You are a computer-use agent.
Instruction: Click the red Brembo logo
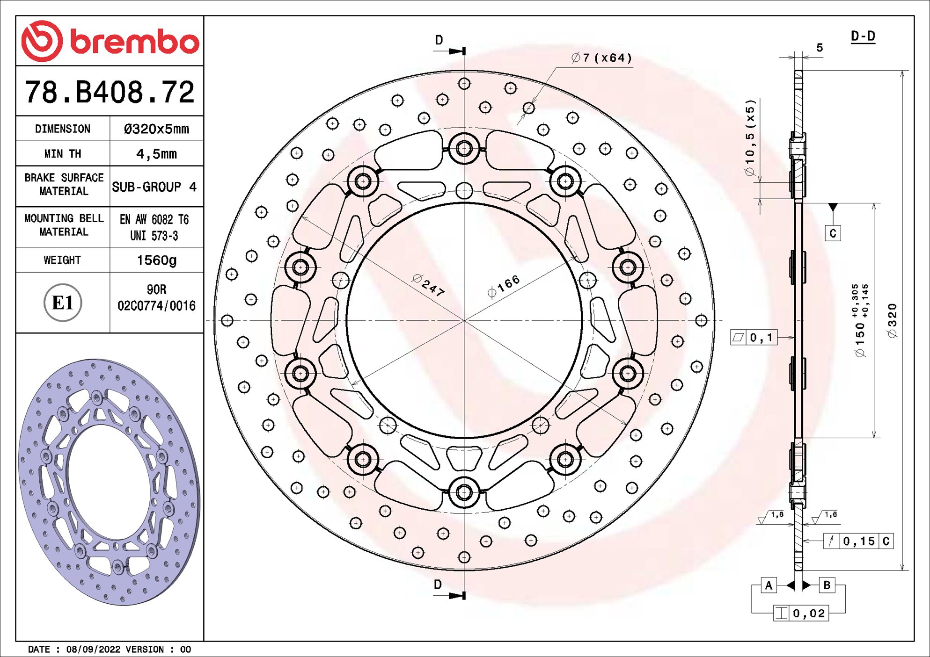110,41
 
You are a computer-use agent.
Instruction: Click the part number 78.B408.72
110,92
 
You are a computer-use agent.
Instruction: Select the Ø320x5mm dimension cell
156,129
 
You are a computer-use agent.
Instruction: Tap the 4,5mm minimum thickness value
156,154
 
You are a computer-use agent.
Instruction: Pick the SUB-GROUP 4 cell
154,187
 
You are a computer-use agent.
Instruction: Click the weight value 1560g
156,260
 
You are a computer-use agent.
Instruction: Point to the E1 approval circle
63,303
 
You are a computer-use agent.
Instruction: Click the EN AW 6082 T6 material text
154,220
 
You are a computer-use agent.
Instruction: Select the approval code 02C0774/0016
156,306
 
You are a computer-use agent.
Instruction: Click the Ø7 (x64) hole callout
601,58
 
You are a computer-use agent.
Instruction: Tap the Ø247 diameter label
428,285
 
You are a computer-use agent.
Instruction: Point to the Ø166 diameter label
504,286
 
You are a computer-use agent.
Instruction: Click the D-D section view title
863,36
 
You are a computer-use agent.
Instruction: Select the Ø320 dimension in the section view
893,320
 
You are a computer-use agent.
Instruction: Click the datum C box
833,233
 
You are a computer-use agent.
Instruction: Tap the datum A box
769,585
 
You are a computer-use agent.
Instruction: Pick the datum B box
827,585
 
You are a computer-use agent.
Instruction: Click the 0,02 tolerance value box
809,613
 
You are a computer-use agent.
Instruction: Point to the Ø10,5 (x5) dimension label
750,138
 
